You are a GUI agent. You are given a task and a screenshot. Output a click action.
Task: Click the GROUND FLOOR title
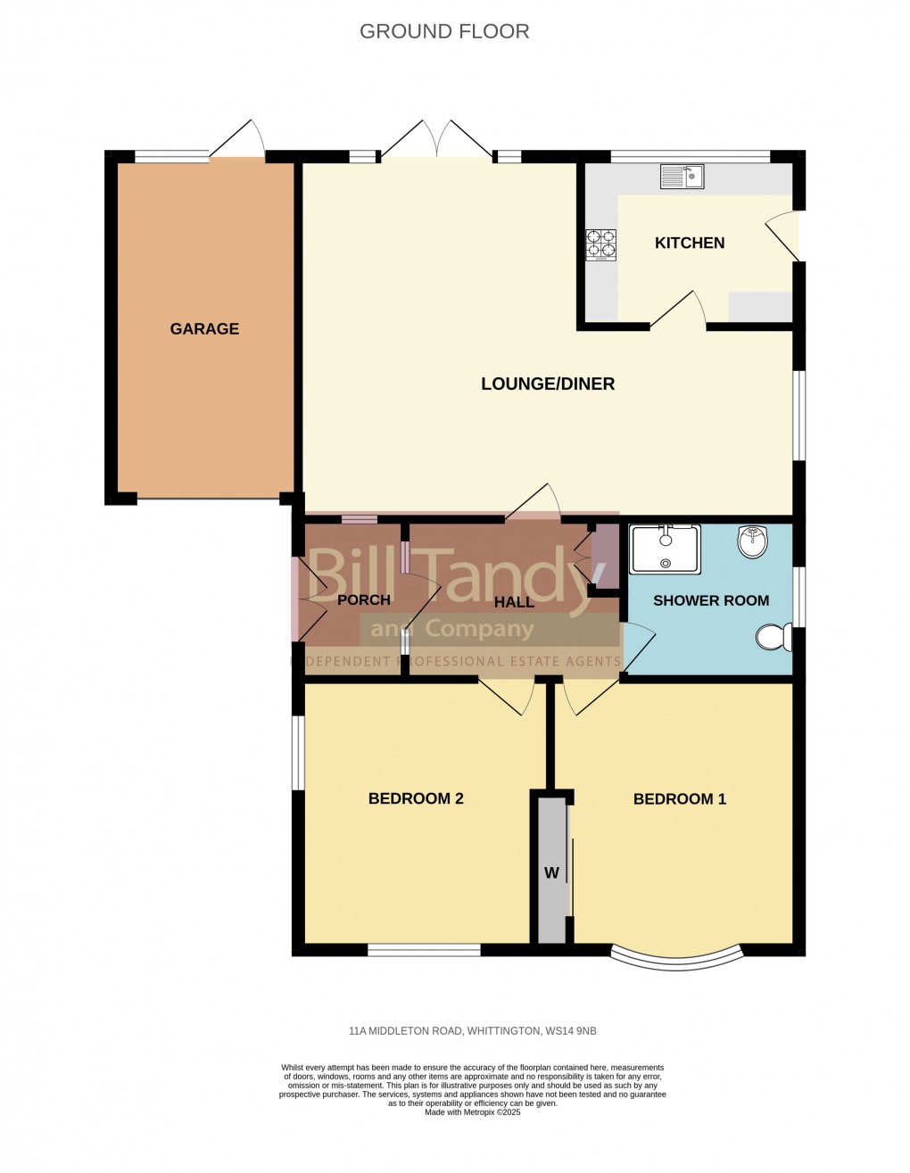444,31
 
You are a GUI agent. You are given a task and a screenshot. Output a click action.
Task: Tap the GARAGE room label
204,329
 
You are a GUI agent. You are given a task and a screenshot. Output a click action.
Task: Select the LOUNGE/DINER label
548,384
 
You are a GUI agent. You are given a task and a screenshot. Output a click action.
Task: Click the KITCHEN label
690,243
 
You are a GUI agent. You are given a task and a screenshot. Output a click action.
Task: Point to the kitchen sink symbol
682,177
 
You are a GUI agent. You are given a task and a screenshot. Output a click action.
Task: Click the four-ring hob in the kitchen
600,244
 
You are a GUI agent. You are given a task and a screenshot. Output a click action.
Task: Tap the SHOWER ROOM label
711,600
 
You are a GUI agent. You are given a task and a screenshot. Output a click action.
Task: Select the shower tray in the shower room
666,549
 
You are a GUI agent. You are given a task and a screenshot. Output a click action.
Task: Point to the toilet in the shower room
772,637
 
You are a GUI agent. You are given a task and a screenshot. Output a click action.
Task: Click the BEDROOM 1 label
680,799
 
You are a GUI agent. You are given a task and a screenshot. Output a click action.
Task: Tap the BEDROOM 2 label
416,798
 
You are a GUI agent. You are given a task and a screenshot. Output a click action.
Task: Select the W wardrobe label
551,873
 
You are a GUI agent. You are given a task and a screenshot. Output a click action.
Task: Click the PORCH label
364,600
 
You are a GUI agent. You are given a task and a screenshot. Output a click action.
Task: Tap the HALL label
514,602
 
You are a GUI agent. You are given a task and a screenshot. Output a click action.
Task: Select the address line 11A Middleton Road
472,1031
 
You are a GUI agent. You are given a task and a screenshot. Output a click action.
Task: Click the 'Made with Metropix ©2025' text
472,1112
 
